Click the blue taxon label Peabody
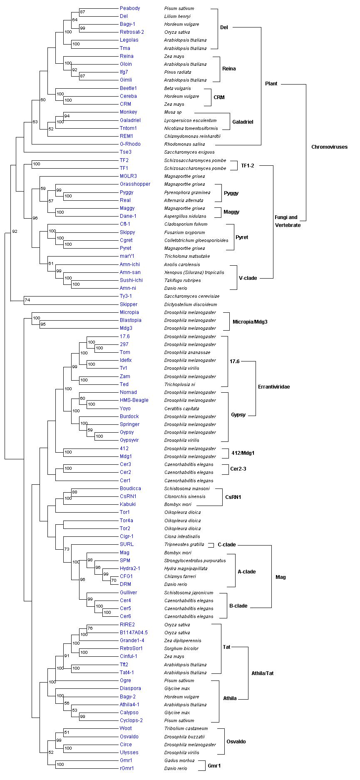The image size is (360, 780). [130, 8]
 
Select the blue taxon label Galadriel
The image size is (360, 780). [130, 120]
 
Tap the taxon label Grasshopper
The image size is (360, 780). [135, 184]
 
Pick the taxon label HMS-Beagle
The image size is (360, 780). [134, 400]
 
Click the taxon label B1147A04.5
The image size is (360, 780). [134, 633]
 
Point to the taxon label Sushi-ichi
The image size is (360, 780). [131, 280]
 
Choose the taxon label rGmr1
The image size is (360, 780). [127, 768]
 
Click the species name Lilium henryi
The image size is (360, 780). [177, 16]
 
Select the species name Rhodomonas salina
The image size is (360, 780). [184, 144]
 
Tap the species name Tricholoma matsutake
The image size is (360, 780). [187, 256]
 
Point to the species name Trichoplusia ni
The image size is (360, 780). [179, 384]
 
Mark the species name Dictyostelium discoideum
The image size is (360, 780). [191, 304]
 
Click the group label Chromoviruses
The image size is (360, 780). [329, 147]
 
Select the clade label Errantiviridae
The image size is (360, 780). [274, 387]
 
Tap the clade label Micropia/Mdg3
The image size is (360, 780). [250, 322]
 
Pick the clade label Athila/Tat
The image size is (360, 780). [262, 673]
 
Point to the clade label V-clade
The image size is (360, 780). [248, 278]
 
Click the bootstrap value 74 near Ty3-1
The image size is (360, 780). [27, 300]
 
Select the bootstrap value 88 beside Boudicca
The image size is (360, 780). [74, 492]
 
